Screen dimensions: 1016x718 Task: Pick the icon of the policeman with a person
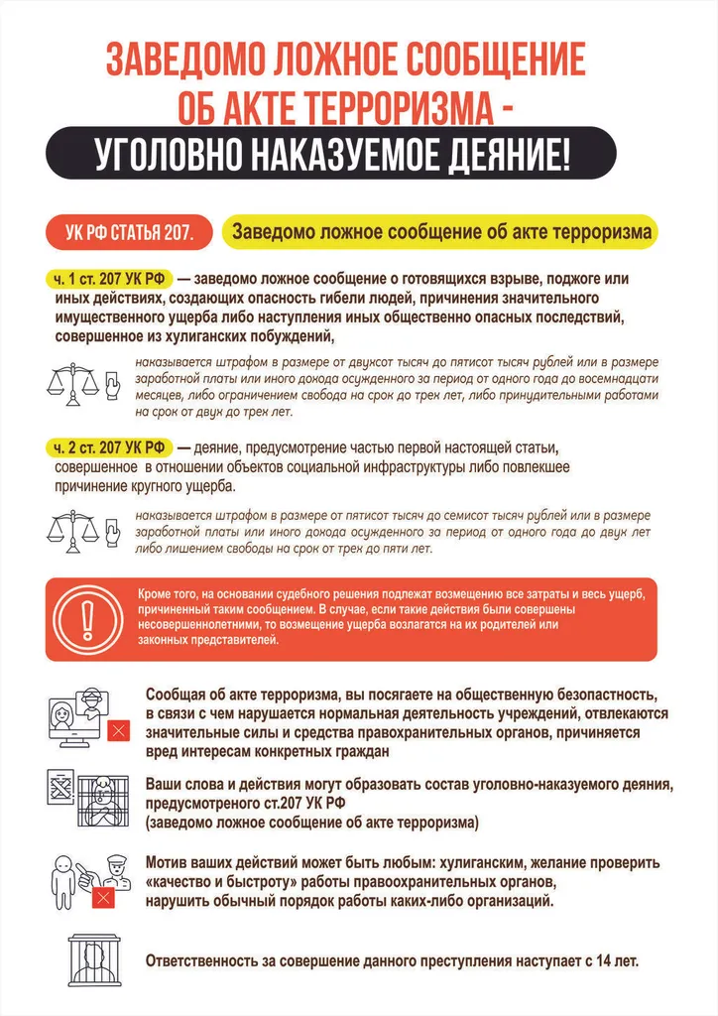[86, 878]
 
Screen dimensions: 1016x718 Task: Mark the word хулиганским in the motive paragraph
[484, 862]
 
